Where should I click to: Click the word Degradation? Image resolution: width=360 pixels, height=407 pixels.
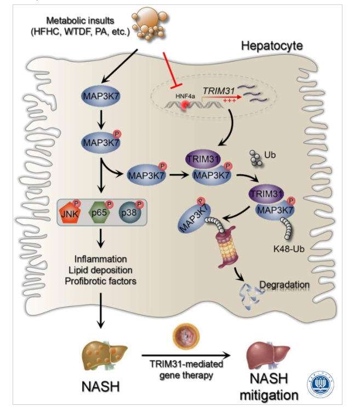(285, 285)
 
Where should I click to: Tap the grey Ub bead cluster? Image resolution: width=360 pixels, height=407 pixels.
(255, 158)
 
